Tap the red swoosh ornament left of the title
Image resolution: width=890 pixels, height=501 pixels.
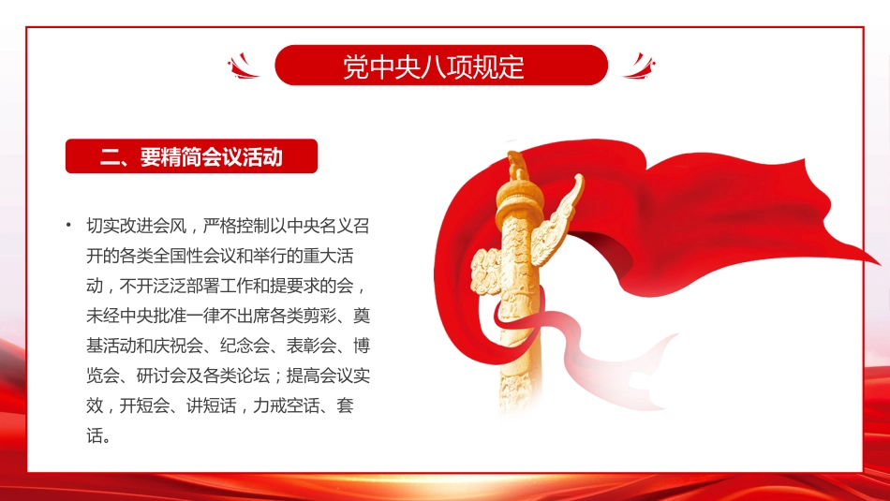(x=245, y=66)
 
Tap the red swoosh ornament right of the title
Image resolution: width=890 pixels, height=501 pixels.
(x=639, y=66)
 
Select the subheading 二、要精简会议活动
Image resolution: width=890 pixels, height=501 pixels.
(x=191, y=157)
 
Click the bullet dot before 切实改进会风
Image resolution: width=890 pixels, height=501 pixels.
(x=68, y=226)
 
